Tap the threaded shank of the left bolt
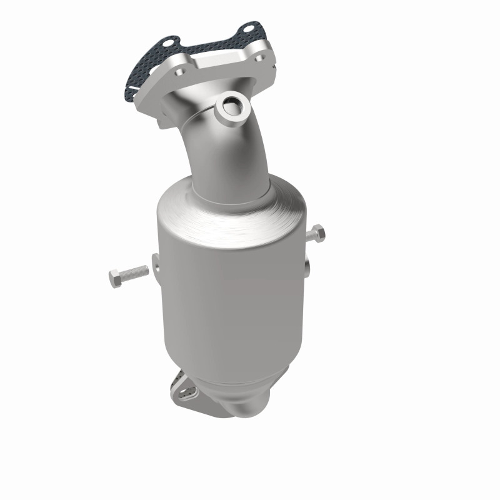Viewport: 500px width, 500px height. [136, 272]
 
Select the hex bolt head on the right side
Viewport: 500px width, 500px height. [317, 233]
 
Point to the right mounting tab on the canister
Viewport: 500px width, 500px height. [307, 266]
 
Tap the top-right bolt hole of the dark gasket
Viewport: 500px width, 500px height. [248, 29]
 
